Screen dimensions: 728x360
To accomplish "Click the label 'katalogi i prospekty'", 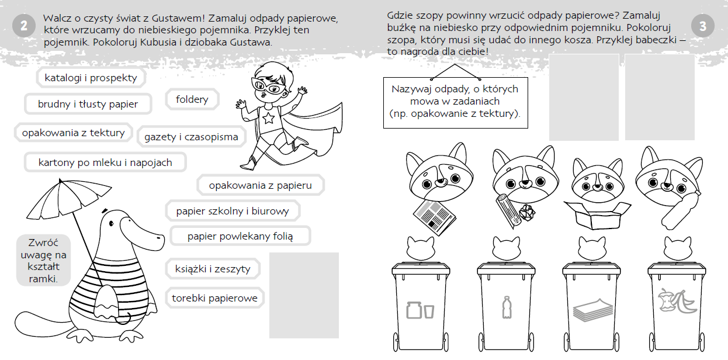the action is [91, 78].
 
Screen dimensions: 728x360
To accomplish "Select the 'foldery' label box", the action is [192, 99].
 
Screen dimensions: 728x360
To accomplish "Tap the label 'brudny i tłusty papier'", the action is [88, 104].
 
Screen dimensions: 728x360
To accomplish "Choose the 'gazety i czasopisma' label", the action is [192, 137].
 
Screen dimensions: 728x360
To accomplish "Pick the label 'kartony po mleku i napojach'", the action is [105, 162].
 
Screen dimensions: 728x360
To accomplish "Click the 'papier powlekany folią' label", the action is [240, 236].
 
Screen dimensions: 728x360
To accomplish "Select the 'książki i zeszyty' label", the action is [213, 269].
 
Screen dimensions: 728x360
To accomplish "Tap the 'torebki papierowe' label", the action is [215, 298].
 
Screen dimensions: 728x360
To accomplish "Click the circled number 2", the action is [24, 26].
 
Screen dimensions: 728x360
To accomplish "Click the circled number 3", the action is [703, 26].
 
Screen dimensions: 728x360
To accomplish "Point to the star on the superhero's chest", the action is [268, 119].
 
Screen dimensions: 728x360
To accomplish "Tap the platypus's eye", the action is [112, 223].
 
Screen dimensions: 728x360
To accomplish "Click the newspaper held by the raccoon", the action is [435, 217].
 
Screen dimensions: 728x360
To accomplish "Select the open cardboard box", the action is [597, 215].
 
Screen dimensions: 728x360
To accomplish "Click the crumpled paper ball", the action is [526, 213].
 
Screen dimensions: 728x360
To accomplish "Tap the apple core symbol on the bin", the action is [667, 300].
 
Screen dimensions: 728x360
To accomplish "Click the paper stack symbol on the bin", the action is [592, 310].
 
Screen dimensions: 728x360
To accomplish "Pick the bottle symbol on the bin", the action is [507, 307].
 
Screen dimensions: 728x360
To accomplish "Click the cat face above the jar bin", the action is [421, 248].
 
